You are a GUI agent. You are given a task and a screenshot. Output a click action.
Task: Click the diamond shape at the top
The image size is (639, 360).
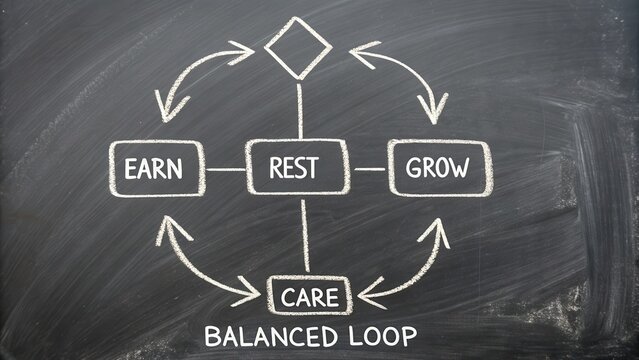click(299, 46)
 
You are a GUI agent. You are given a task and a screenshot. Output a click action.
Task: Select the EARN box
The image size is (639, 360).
click(155, 167)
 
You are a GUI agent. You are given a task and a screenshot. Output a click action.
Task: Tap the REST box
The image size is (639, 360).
click(297, 167)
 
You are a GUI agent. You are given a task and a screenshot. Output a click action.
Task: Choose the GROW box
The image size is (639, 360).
click(439, 167)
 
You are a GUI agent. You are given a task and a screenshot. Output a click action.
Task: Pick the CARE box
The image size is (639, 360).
click(309, 295)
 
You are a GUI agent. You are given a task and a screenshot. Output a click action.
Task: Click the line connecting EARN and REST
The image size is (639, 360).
click(225, 168)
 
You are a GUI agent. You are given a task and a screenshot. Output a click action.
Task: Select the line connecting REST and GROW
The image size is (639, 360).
click(370, 168)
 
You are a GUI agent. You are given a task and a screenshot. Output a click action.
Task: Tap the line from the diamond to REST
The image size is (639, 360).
click(299, 110)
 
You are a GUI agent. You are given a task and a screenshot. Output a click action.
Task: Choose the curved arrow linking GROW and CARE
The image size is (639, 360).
click(410, 265)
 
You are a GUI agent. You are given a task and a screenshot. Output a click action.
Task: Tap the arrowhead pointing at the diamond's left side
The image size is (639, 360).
click(243, 47)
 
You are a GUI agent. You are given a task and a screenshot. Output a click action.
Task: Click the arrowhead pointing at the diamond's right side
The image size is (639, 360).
click(358, 49)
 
